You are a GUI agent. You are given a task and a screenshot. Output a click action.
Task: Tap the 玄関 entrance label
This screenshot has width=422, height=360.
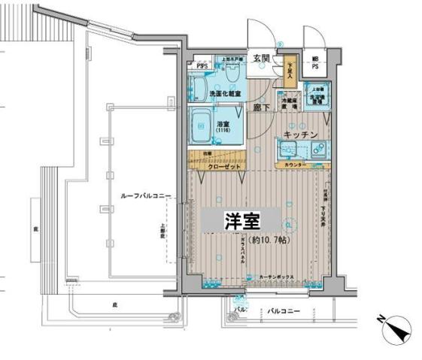[261, 58]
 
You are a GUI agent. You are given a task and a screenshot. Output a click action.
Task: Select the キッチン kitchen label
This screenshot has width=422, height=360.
[300, 135]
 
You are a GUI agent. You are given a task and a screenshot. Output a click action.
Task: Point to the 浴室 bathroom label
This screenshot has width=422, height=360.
[223, 125]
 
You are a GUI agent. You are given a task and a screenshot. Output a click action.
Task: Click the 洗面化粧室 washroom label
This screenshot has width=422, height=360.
[225, 94]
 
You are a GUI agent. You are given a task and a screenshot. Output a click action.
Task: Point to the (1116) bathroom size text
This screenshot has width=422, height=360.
[223, 132]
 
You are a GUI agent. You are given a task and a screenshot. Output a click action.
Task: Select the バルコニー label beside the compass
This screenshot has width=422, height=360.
[284, 311]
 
